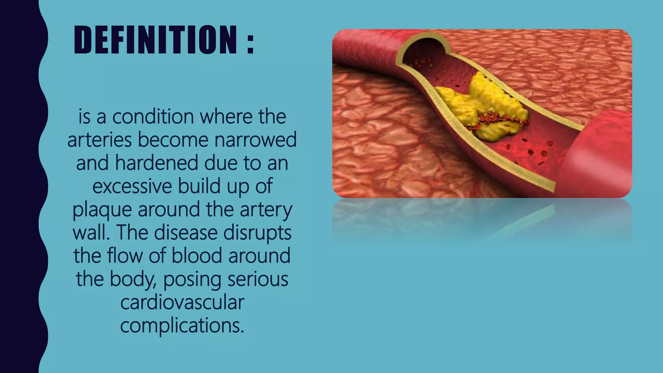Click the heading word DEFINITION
point(155,40)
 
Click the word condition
point(153,117)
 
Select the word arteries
point(99,140)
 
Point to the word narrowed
point(255,140)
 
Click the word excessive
point(132,186)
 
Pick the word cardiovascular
point(182,302)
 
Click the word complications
point(182,326)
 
